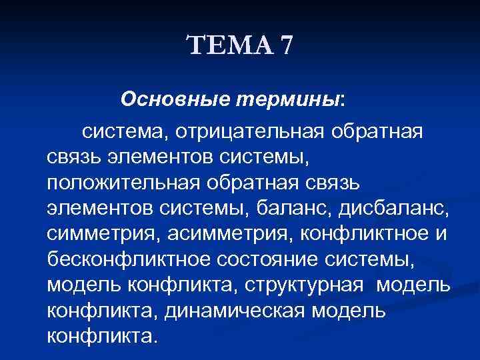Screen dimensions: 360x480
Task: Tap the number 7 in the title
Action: point(286,47)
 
